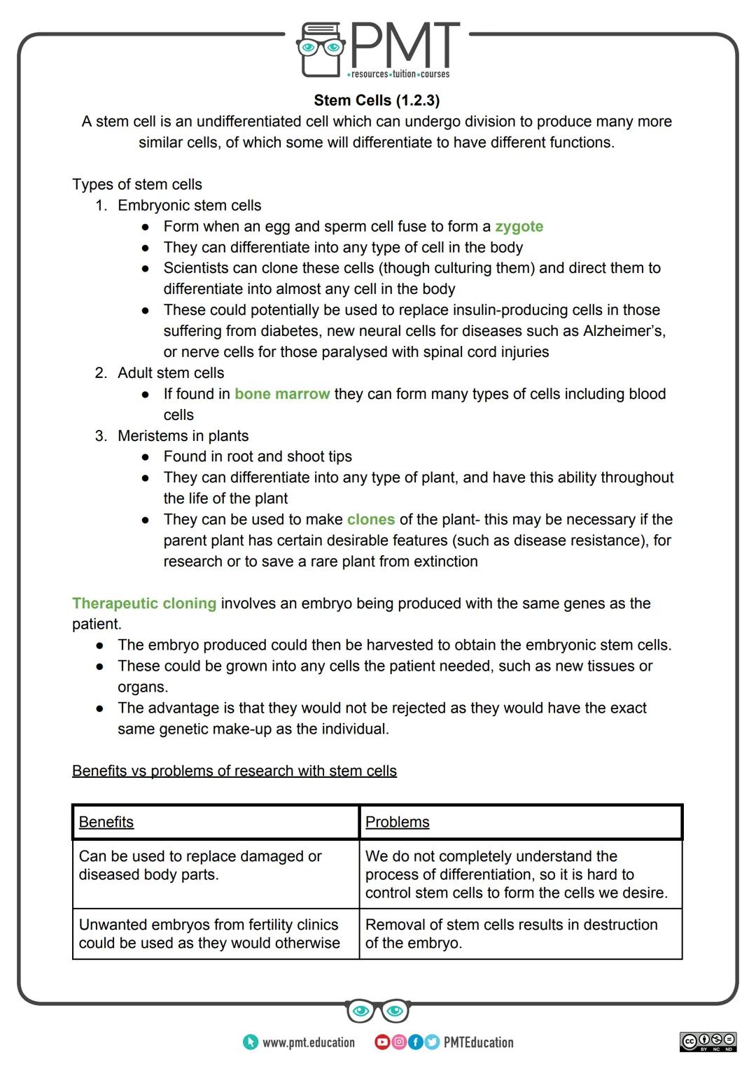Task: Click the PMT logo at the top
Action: (378, 49)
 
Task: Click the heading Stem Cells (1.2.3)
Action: (377, 100)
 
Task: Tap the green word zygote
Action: (519, 226)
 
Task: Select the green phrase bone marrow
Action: (282, 393)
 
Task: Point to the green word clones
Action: (370, 519)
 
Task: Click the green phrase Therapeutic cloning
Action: (144, 603)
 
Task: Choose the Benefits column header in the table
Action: (106, 822)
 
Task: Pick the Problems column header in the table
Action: (397, 822)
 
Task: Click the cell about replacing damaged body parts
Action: (200, 865)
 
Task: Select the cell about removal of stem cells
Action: (511, 933)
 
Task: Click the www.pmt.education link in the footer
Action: (308, 1042)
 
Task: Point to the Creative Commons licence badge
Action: (708, 1041)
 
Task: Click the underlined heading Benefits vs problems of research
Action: (234, 771)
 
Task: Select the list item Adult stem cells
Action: (171, 372)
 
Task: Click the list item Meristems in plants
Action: (183, 435)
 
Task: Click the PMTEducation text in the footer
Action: (478, 1042)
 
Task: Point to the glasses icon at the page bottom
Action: (377, 1011)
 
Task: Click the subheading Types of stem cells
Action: (137, 184)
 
